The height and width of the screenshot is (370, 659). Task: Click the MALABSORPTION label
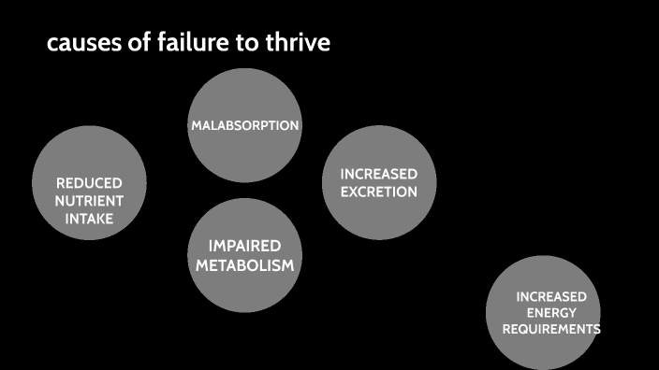click(244, 125)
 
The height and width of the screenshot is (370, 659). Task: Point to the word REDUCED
click(89, 183)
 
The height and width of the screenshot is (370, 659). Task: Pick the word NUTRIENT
click(89, 201)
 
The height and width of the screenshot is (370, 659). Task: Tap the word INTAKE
click(89, 219)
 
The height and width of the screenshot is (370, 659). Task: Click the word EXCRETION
click(378, 192)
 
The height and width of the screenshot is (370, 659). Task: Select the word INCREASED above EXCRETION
click(378, 175)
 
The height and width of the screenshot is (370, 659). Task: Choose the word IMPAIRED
click(244, 246)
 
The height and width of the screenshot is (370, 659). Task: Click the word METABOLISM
click(244, 265)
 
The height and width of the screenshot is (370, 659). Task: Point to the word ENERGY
click(551, 313)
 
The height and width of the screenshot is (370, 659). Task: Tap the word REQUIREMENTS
click(551, 330)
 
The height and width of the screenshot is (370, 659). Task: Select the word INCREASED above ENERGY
click(551, 296)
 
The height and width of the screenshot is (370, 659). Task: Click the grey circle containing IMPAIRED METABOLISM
click(244, 290)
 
